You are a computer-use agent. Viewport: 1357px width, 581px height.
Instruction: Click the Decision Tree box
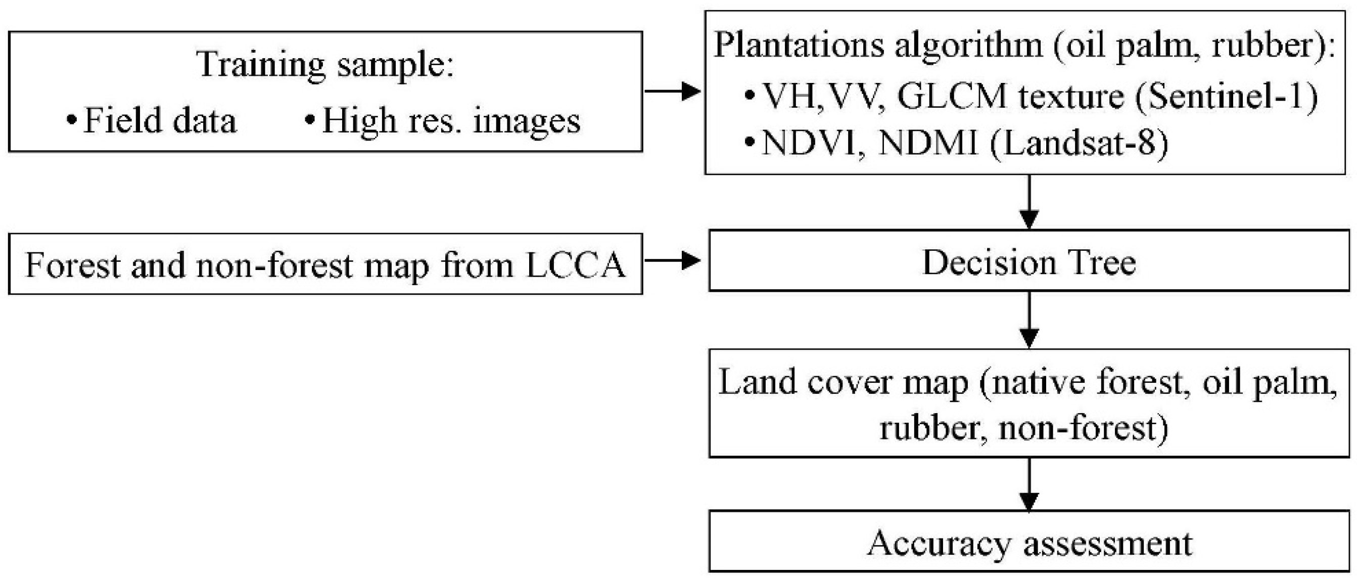(1028, 261)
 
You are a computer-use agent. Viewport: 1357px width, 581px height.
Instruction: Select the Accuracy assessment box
(1028, 542)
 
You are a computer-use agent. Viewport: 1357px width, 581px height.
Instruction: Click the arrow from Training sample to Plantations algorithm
(673, 91)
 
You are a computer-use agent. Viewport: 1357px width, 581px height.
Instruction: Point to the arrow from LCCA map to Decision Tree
(673, 260)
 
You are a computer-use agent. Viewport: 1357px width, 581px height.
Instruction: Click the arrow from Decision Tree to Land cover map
(1029, 320)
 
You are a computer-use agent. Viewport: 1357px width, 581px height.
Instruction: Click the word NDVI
(809, 143)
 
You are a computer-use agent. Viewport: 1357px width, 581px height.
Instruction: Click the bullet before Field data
(71, 119)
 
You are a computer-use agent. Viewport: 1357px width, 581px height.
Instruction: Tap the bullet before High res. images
(310, 119)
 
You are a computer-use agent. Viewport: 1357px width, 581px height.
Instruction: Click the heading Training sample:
(325, 64)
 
